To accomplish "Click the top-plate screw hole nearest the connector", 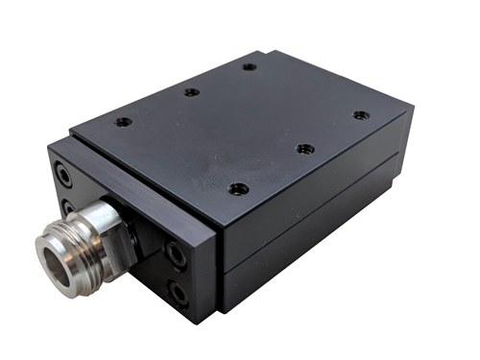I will coord(124,122).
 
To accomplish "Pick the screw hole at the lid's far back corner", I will coord(249,67).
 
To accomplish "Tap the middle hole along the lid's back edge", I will coord(192,92).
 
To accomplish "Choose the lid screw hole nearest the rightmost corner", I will coord(360,115).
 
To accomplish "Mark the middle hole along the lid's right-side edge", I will coord(304,149).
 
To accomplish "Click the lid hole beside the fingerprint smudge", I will coord(240,188).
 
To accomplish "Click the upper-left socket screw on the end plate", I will coord(63,177).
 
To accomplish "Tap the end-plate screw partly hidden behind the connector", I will coord(68,206).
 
